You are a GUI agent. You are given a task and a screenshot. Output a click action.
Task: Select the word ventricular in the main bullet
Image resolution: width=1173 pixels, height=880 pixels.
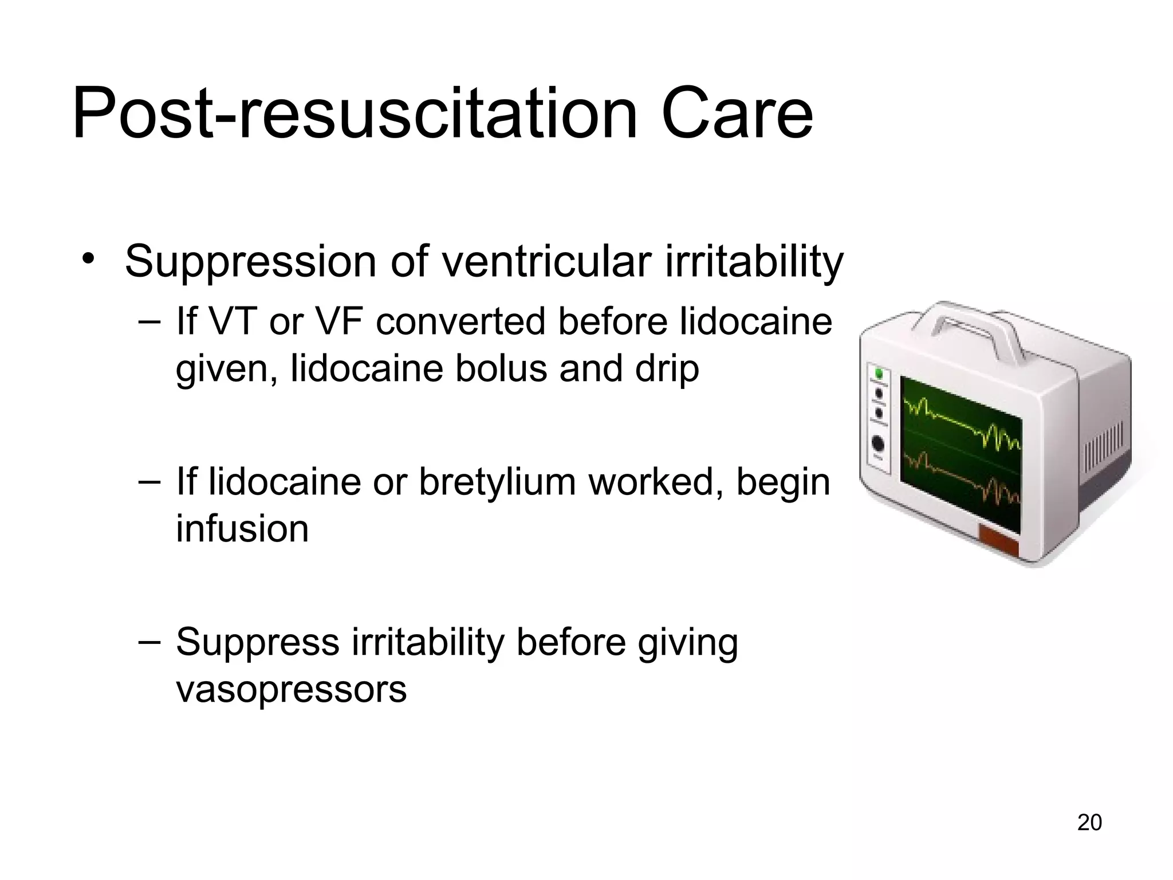click(x=549, y=262)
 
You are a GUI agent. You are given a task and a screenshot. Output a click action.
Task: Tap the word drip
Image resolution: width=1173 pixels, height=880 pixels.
click(x=667, y=370)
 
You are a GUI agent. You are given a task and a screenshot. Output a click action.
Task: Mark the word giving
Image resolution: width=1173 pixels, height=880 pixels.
click(x=687, y=643)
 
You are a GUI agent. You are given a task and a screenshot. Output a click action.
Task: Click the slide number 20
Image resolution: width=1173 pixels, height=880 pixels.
click(x=1089, y=822)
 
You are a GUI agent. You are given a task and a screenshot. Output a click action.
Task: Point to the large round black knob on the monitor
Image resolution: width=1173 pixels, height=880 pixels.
click(x=877, y=445)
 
